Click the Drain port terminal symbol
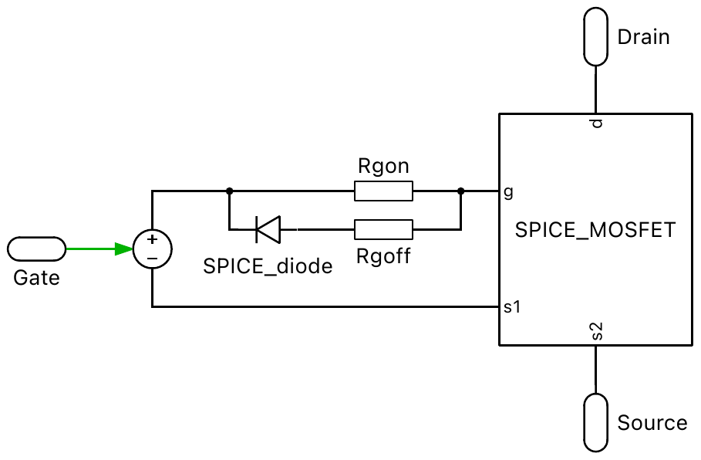[595, 37]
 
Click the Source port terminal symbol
[595, 422]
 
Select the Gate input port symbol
[37, 249]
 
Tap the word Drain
[643, 37]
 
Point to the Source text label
[652, 423]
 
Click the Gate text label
[36, 277]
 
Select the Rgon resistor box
[383, 191]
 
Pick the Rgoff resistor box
[383, 229]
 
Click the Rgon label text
[383, 165]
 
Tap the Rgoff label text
[383, 256]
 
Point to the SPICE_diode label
[268, 266]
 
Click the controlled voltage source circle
[152, 249]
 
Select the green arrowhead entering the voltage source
[123, 249]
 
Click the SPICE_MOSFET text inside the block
[595, 230]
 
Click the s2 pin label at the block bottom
[595, 333]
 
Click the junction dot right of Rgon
[460, 191]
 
